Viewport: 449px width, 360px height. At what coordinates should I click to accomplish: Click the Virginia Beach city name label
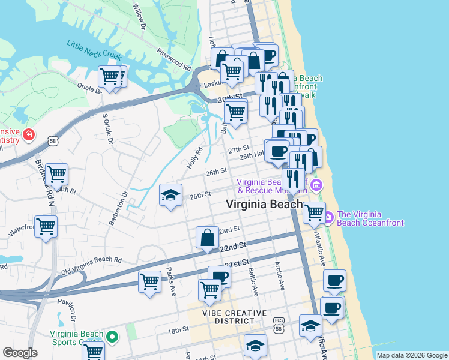(264, 204)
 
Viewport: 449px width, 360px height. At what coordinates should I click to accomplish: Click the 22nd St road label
(233, 246)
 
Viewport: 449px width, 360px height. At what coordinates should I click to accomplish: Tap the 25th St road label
(200, 194)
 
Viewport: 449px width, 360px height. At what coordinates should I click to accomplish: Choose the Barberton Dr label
(118, 208)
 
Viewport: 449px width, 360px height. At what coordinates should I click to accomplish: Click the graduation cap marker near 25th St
(170, 195)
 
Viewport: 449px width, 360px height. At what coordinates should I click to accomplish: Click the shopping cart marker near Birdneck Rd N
(56, 174)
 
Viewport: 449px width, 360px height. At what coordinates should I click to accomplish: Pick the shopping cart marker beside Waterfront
(46, 227)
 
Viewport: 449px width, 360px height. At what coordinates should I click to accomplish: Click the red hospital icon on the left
(27, 136)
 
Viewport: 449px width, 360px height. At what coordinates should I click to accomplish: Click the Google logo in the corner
(20, 353)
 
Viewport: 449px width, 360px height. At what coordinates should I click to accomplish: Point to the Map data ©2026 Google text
(412, 355)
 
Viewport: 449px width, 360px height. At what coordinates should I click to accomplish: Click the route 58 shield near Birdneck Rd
(53, 139)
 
